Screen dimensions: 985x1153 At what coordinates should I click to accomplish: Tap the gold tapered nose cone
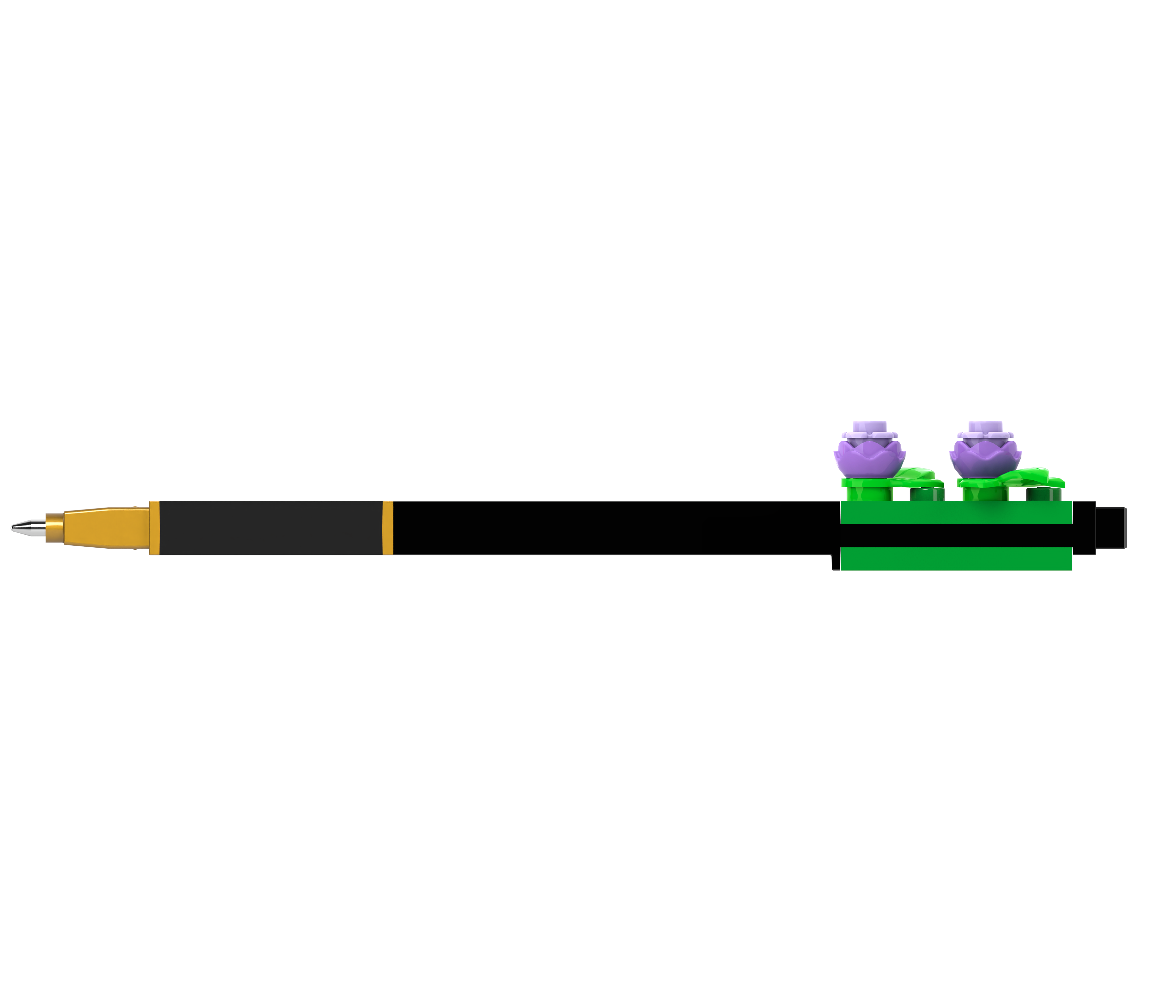pos(106,527)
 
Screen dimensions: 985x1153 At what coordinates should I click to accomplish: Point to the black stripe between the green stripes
pos(955,536)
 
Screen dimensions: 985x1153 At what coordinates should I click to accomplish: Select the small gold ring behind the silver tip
pos(54,527)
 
